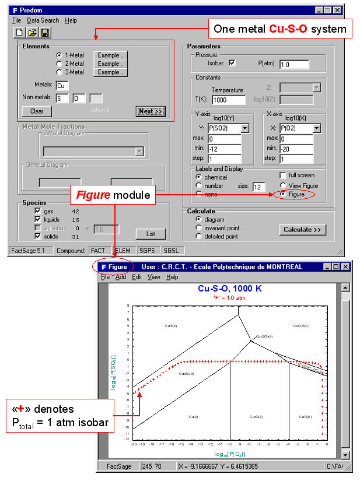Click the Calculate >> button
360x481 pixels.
click(x=302, y=230)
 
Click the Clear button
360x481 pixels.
click(x=37, y=111)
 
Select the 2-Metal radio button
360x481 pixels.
click(x=60, y=64)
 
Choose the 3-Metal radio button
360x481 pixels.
click(x=60, y=72)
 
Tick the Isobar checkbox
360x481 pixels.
click(x=232, y=64)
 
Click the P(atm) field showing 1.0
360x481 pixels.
click(x=294, y=64)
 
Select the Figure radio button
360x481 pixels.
click(x=284, y=194)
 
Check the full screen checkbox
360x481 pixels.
click(x=284, y=175)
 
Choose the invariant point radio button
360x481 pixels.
click(x=200, y=228)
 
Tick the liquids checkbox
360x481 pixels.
click(x=38, y=219)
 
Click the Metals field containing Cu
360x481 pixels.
click(x=62, y=86)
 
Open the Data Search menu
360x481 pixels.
click(x=43, y=20)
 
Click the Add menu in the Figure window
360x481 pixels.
click(x=120, y=277)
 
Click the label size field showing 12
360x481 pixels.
click(x=259, y=187)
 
